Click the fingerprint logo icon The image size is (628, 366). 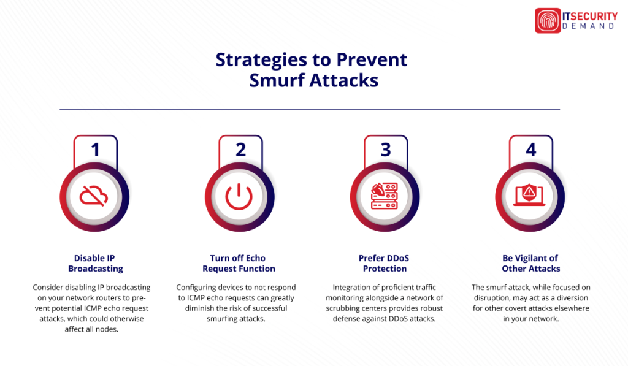[x=548, y=20]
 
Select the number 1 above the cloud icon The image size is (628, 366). [x=95, y=150]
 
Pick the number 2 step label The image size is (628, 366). [x=240, y=150]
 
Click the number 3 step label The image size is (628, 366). [x=386, y=150]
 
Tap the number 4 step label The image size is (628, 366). [x=531, y=150]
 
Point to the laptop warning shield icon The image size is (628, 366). [x=530, y=196]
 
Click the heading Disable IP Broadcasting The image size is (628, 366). [x=95, y=263]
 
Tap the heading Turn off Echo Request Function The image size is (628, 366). [x=239, y=263]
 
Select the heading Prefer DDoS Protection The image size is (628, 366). [x=385, y=263]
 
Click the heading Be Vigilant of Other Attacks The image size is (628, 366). [x=530, y=263]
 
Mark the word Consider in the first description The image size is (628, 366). [x=50, y=287]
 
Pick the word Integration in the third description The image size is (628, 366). [x=353, y=287]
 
